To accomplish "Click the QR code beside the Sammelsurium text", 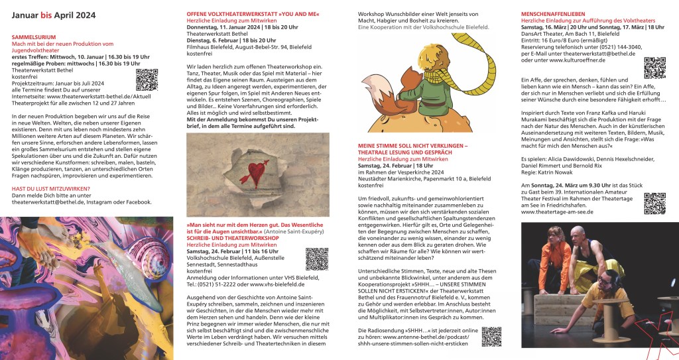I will pyautogui.click(x=147, y=79).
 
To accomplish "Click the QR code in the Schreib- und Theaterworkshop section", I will pyautogui.click(x=316, y=259).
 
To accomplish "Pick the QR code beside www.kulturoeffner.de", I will pyautogui.click(x=654, y=68).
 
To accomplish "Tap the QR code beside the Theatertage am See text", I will pyautogui.click(x=654, y=203).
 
